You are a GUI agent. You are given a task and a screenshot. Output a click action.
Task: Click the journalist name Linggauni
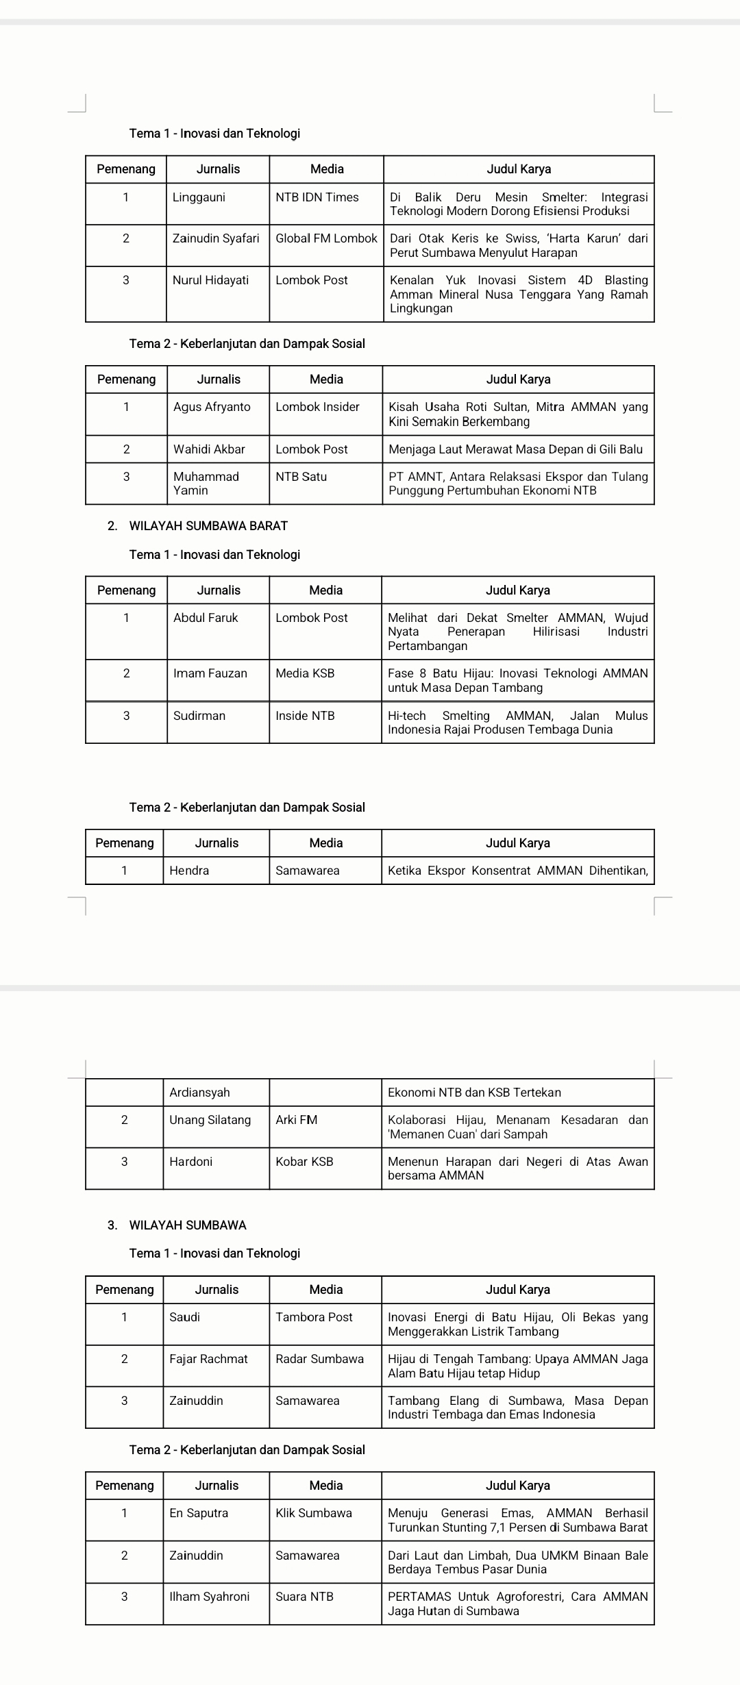[199, 197]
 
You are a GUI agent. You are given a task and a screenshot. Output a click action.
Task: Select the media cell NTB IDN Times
[317, 197]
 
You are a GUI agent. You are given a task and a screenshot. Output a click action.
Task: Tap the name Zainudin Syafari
[216, 238]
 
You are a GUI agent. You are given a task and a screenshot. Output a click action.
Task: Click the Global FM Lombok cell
[326, 238]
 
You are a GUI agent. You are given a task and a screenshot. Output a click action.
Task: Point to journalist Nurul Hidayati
[210, 280]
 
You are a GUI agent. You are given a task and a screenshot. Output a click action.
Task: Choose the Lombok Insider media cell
[317, 407]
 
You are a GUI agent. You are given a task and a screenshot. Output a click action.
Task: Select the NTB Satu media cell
[301, 477]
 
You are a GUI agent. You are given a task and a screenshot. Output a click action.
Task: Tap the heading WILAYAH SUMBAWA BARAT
[208, 526]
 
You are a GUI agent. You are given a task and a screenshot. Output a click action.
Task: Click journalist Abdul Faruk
[206, 618]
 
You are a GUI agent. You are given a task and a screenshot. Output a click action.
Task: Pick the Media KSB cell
[305, 673]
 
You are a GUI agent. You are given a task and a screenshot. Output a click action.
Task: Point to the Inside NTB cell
[305, 716]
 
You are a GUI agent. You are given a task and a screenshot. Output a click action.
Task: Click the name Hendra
[189, 871]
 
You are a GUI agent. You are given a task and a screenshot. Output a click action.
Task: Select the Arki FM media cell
[296, 1120]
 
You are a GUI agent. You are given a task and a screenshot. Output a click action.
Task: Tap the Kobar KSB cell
[304, 1162]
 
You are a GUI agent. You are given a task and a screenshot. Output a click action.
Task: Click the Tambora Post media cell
[314, 1317]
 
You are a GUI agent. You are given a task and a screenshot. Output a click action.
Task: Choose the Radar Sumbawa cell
[319, 1359]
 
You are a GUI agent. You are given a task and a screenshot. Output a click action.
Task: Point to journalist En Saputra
[199, 1513]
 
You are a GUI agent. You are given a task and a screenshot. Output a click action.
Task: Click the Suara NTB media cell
[304, 1597]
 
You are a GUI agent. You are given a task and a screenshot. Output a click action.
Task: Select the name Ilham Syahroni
[209, 1597]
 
